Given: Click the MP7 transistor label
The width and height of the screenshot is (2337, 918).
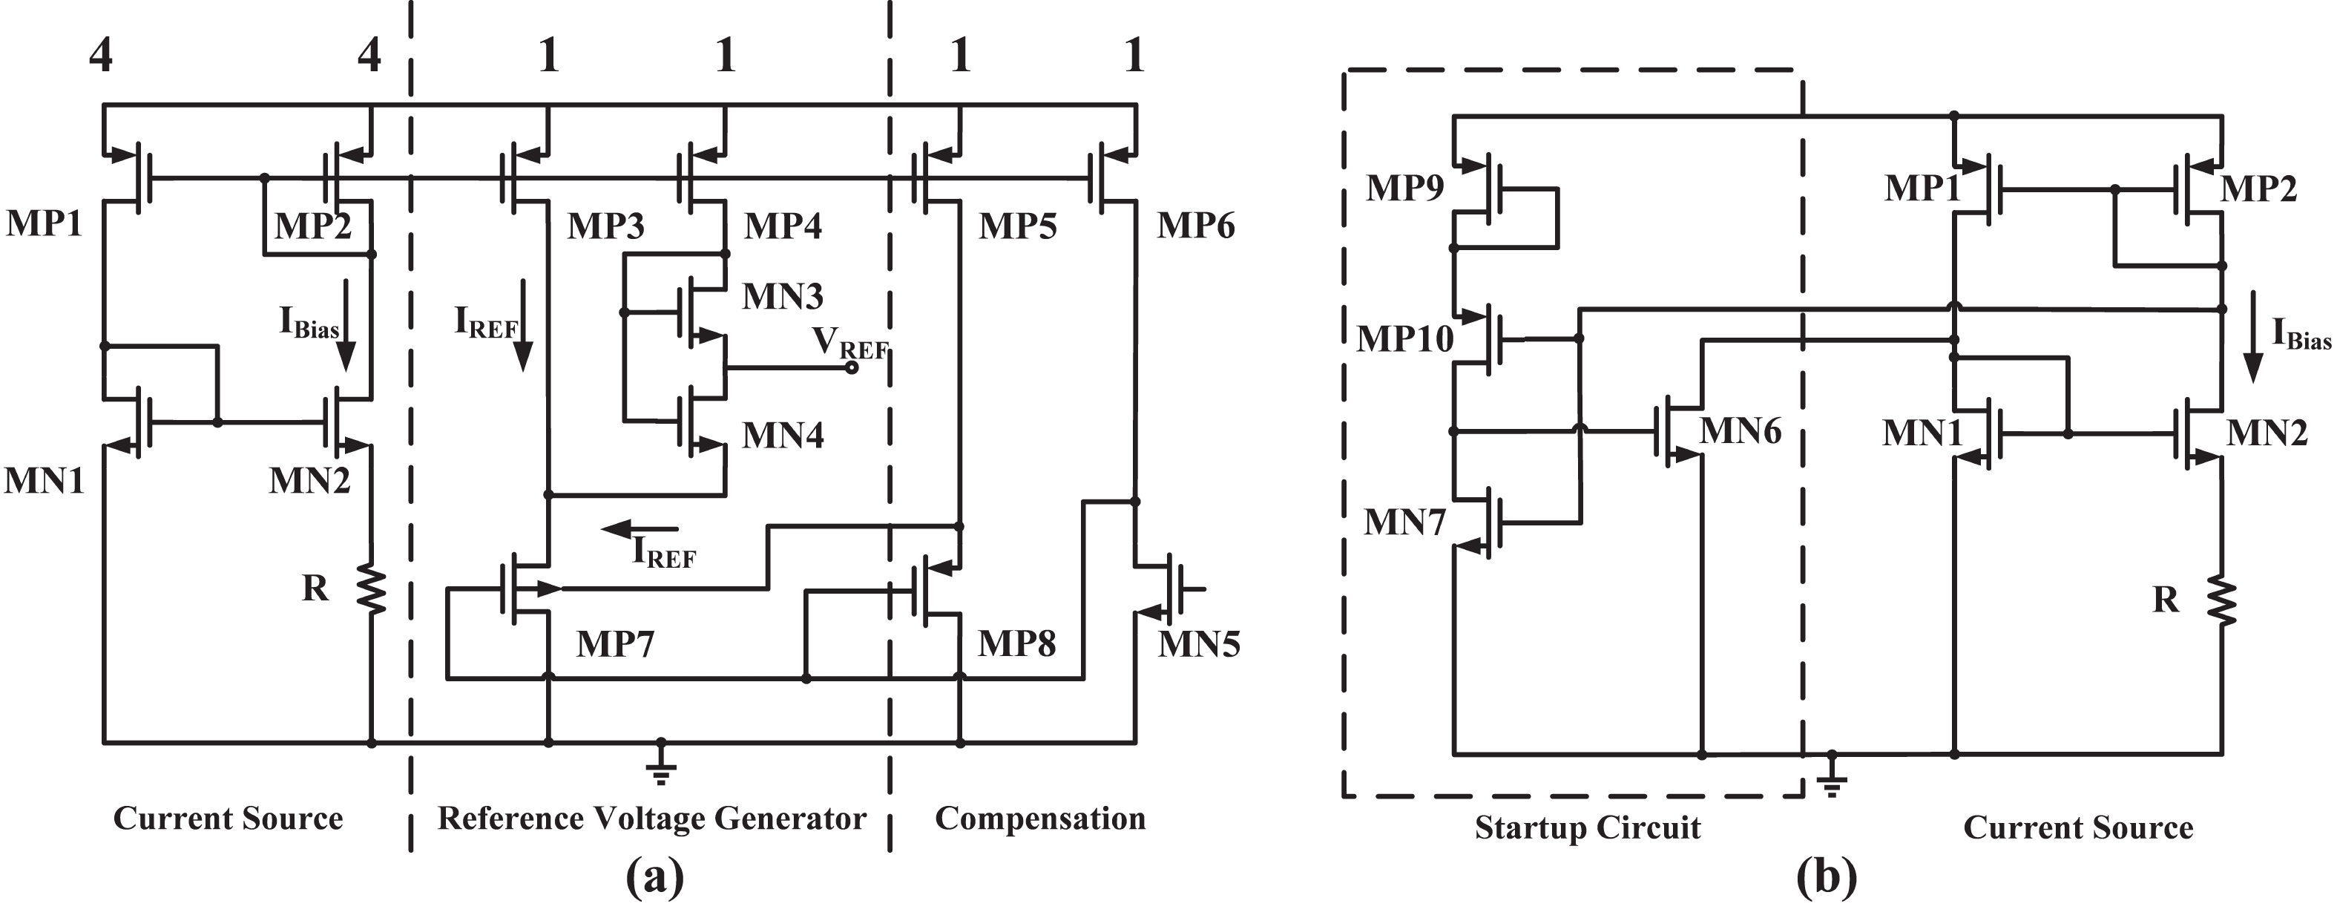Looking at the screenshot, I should tap(615, 644).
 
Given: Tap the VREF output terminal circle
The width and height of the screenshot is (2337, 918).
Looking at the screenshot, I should tap(852, 367).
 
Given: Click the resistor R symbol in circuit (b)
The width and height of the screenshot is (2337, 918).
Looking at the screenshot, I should tap(2222, 600).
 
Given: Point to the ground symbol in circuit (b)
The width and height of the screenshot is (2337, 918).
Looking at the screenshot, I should tap(1832, 776).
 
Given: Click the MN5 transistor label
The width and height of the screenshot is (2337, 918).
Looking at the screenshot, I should tap(1198, 645).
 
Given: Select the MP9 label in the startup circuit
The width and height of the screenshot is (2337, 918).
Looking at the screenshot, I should tap(1404, 188).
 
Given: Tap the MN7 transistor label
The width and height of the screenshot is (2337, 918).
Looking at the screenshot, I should tap(1404, 522).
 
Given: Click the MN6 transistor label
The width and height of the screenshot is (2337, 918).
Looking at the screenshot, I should tap(1739, 431).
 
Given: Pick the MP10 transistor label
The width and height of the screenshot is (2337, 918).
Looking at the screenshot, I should tap(1404, 339).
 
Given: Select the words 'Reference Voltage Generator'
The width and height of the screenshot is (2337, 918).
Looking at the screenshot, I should tap(651, 819).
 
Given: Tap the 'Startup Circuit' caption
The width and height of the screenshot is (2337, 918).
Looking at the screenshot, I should tap(1587, 827).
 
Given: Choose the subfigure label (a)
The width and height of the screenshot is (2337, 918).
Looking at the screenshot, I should tap(654, 877).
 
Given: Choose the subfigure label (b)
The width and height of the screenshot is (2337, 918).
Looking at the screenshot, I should tap(1827, 877).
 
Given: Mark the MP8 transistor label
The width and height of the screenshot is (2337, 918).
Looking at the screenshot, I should tap(1016, 644).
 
